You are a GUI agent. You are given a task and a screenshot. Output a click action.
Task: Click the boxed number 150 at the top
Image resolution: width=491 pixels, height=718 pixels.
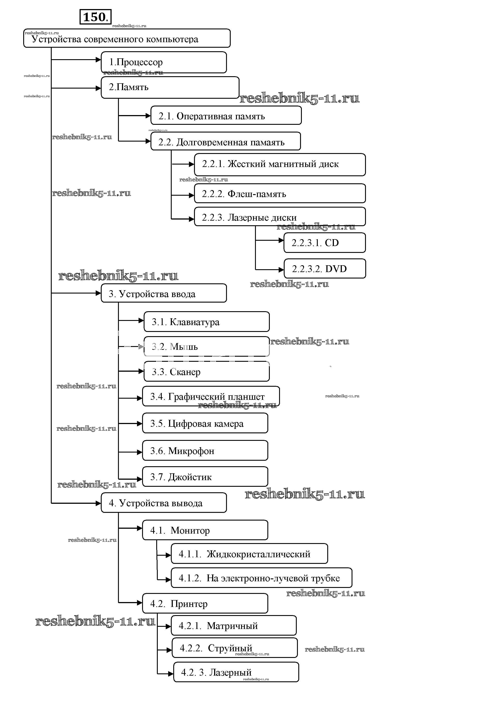[x=95, y=17]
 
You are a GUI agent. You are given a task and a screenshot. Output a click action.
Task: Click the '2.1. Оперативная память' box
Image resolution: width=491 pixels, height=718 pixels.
[x=226, y=116]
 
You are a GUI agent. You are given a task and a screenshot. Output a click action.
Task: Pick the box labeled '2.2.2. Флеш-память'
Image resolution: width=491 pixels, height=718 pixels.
[x=280, y=193]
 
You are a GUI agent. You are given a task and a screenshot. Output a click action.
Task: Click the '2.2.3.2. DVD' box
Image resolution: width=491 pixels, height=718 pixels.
[x=324, y=269]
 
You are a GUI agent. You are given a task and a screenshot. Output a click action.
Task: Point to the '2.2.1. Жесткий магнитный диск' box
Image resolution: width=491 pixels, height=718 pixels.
[x=280, y=164]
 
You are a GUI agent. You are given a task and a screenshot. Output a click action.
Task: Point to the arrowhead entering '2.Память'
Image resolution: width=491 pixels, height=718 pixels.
[x=98, y=88]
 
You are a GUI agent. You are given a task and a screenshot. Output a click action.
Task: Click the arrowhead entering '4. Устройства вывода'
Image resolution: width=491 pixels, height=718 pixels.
[x=98, y=503]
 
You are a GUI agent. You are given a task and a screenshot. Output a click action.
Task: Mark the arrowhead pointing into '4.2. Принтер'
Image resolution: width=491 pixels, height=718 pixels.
[x=139, y=603]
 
